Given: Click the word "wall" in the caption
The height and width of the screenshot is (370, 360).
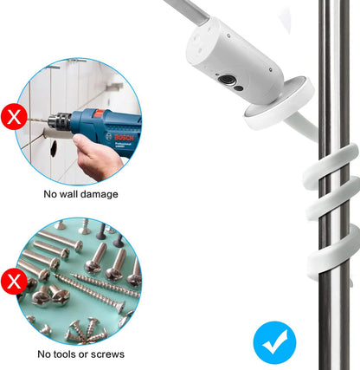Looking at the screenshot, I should coord(75,194).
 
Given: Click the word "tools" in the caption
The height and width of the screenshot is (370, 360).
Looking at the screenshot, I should coord(69,354).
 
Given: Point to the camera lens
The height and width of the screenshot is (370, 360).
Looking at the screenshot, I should coord(230,81).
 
